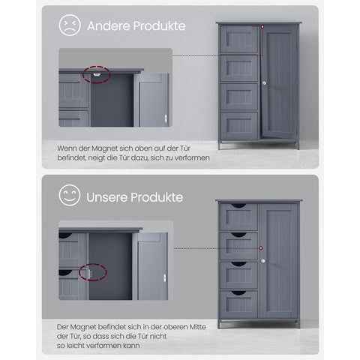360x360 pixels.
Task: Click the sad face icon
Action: pyautogui.click(x=70, y=25)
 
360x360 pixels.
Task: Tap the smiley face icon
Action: pyautogui.click(x=70, y=196)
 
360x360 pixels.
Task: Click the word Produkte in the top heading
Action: pyautogui.click(x=160, y=26)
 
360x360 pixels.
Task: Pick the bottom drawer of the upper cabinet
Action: pyautogui.click(x=239, y=124)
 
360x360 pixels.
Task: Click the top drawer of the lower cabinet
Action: pyautogui.click(x=238, y=216)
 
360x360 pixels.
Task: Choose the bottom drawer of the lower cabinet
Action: pyautogui.click(x=238, y=302)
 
